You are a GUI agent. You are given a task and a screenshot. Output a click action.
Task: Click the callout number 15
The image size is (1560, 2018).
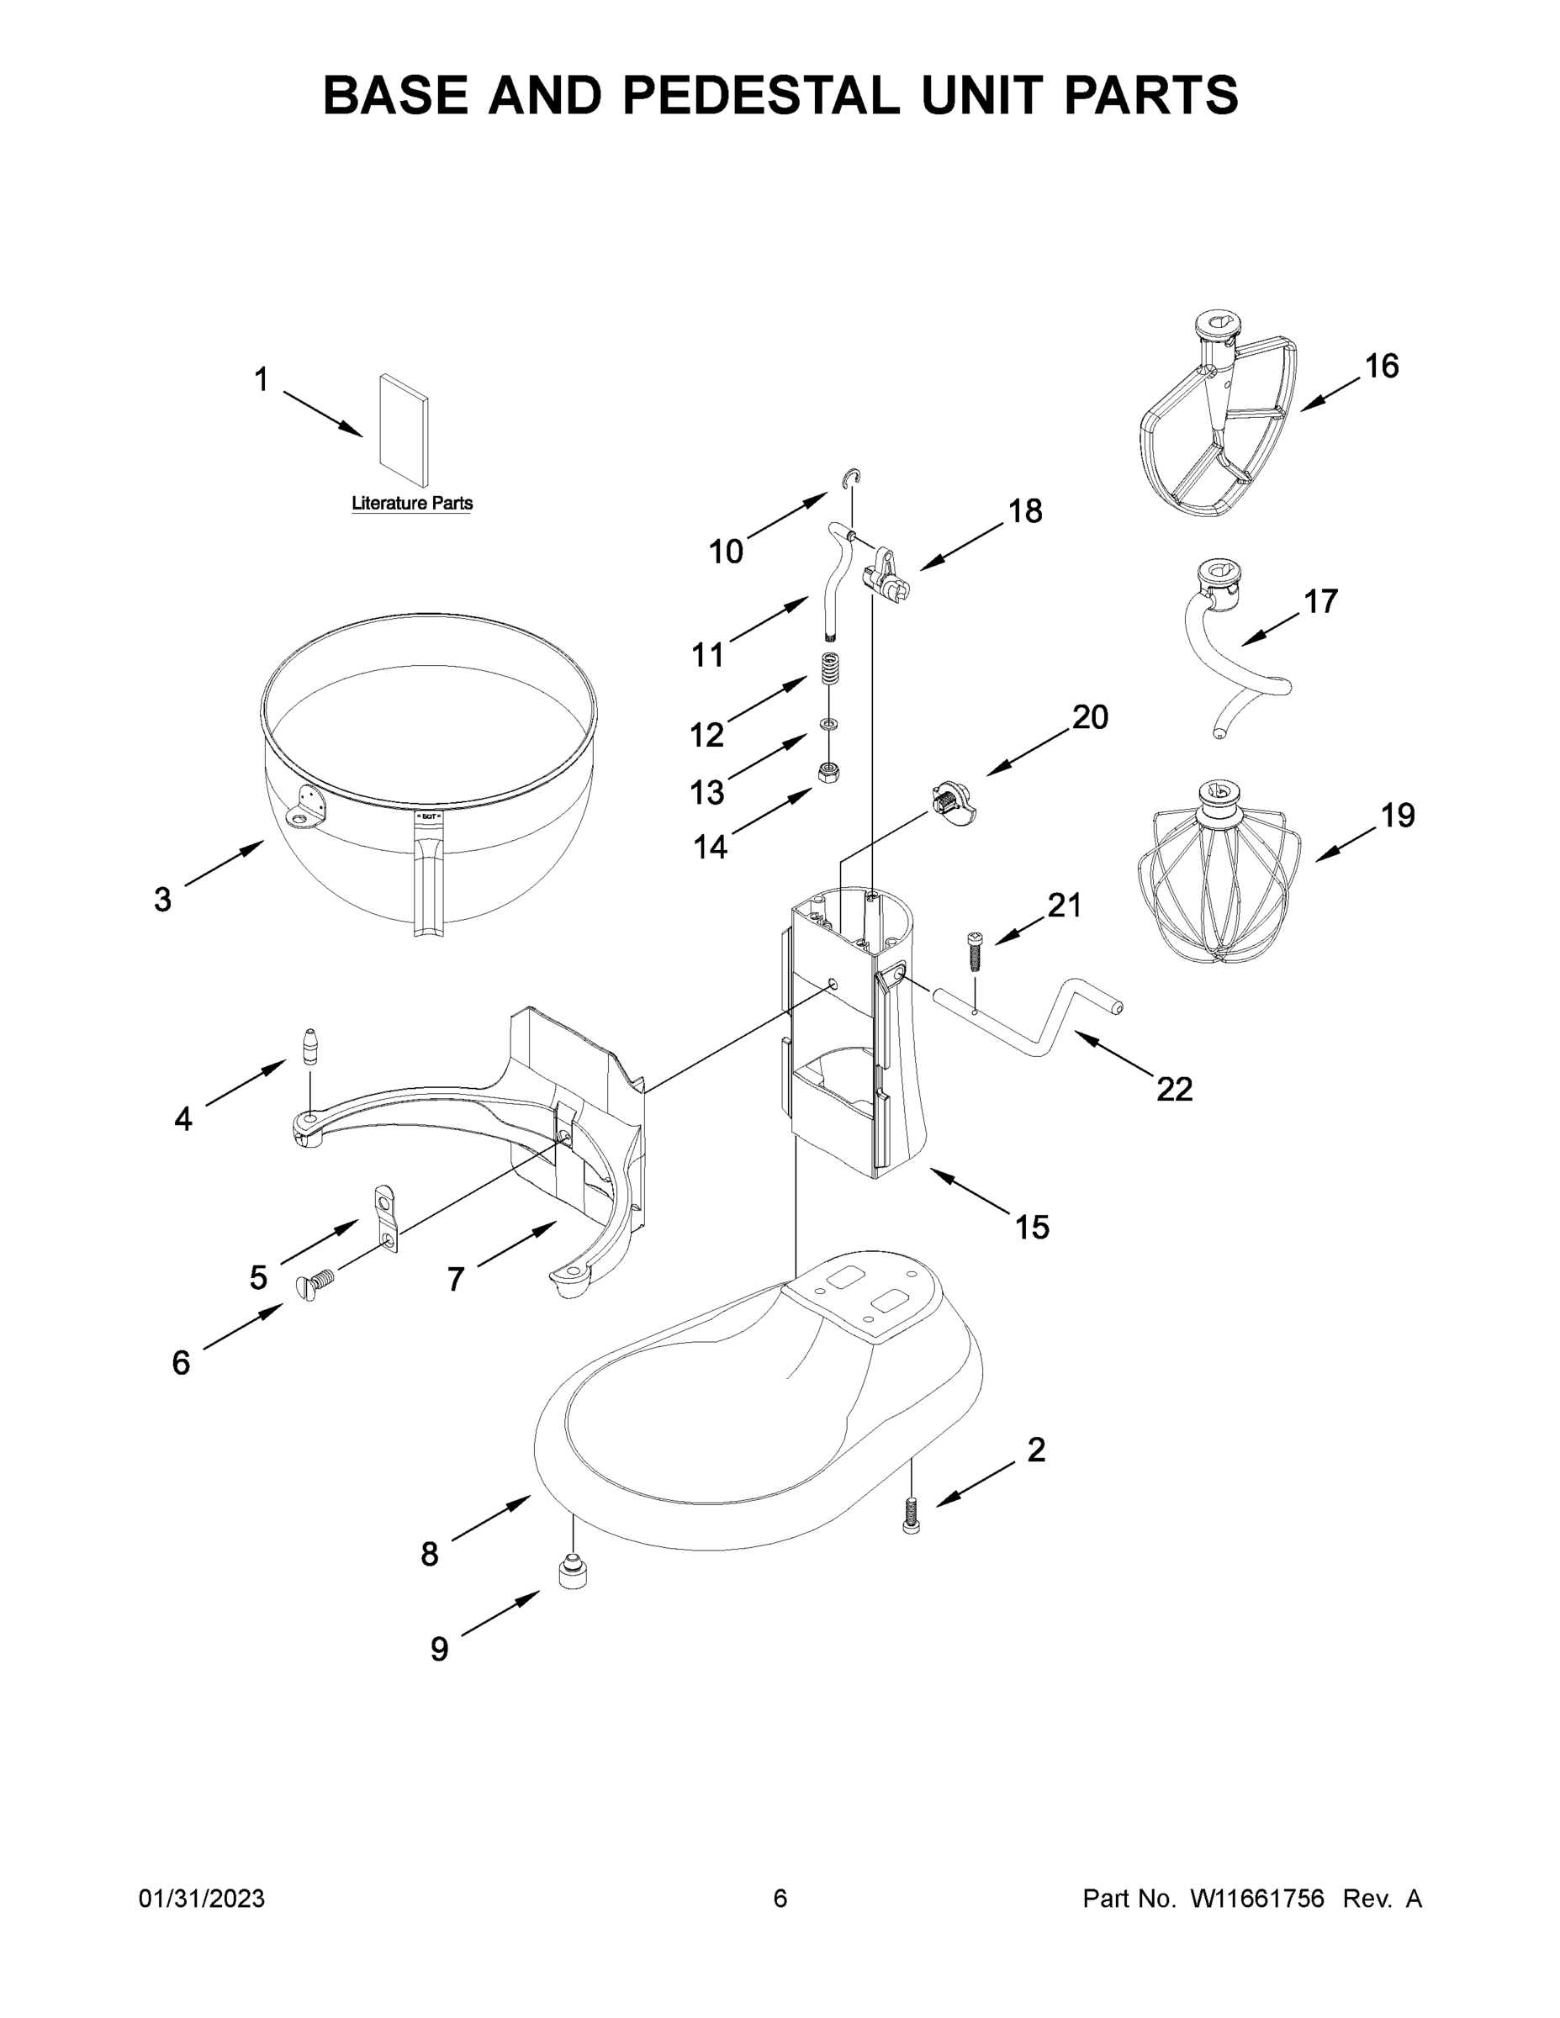coord(1033,1227)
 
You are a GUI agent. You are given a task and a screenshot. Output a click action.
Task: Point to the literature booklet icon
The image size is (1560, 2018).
coord(404,430)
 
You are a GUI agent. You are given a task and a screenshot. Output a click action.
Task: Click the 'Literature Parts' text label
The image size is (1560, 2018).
coord(411,504)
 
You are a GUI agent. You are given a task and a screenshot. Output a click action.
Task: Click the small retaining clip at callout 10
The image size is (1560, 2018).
coord(856,477)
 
